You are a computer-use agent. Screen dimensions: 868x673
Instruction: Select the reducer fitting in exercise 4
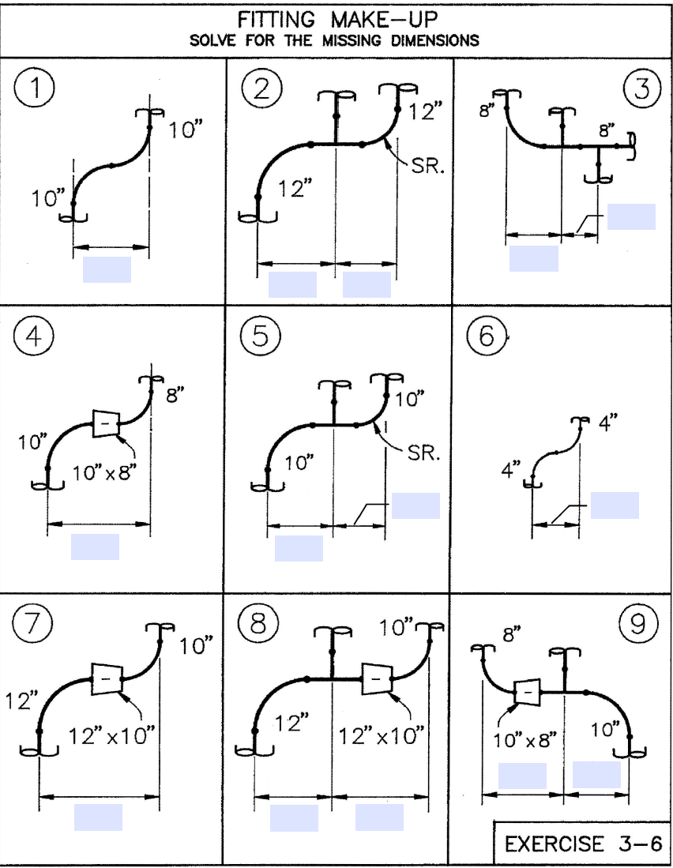[105, 424]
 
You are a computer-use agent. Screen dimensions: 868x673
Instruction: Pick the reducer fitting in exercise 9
[527, 692]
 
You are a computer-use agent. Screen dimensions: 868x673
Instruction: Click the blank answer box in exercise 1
[107, 269]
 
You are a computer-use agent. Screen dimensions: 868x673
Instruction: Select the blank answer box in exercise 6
[615, 505]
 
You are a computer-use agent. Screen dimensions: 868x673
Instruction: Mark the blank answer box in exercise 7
[98, 817]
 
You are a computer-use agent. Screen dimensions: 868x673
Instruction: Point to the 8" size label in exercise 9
[512, 635]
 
